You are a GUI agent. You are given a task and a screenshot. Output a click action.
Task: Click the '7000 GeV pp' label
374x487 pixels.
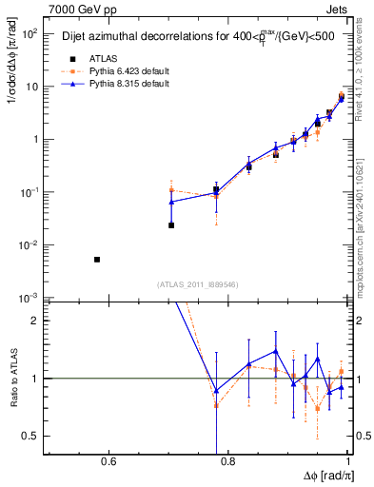pyautogui.click(x=78, y=9)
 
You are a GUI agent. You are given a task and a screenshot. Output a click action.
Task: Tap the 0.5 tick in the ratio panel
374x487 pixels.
pyautogui.click(x=31, y=437)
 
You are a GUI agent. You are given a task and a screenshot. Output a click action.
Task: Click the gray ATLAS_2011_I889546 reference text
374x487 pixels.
pyautogui.click(x=197, y=283)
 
